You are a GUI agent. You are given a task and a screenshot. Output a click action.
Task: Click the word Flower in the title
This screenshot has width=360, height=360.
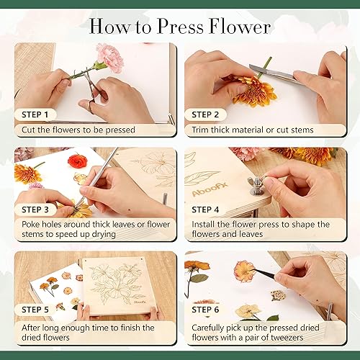(235, 27)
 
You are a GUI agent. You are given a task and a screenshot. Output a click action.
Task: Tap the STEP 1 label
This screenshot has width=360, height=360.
(35, 114)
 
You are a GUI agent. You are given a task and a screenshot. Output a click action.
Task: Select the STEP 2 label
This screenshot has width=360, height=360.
(206, 114)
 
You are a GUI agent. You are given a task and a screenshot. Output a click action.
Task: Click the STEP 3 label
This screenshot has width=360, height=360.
(35, 210)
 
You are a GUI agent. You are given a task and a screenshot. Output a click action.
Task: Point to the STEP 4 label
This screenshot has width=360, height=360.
(206, 210)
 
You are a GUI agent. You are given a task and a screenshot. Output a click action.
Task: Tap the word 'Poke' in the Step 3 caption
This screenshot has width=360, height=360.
(27, 227)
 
